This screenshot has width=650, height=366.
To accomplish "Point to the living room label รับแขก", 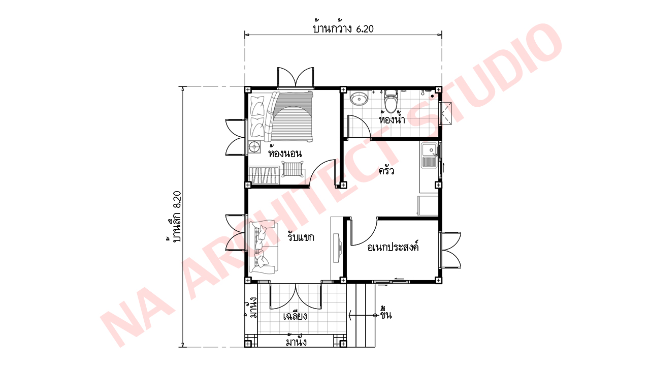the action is pos(301,237).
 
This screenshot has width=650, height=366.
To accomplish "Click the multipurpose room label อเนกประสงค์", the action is pos(393,247).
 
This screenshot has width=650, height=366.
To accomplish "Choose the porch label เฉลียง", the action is pos(295,316).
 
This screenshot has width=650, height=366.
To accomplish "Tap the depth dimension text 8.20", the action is pos(177,200).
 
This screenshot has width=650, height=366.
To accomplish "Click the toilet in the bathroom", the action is pos(391,101).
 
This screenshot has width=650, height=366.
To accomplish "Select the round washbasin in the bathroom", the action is pos(359,98).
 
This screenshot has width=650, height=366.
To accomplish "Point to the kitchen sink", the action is pos(430,156).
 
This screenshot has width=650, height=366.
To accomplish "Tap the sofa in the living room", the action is pos(263,247).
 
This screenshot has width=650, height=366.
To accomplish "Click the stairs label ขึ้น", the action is pos(385,315).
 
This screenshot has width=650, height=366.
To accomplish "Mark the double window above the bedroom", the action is pos(296,77).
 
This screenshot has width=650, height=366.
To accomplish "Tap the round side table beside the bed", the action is pos(254,147).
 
